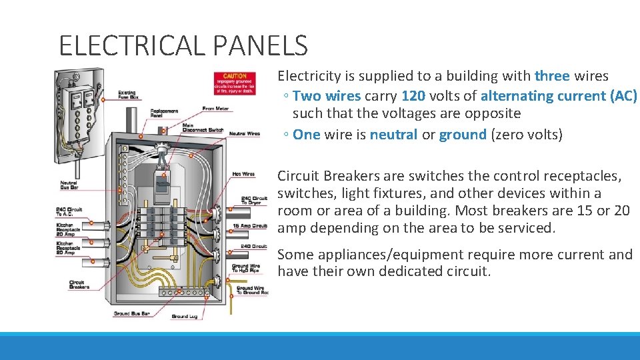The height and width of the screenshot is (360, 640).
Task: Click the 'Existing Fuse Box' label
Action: (127, 96)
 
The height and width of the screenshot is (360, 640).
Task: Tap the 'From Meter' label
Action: (217, 109)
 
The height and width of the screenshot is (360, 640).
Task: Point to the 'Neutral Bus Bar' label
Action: (69, 185)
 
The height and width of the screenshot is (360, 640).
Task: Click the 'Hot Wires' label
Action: (243, 174)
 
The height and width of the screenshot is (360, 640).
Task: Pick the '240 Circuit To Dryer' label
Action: (254, 200)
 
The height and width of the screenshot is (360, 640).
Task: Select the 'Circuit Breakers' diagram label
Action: (81, 285)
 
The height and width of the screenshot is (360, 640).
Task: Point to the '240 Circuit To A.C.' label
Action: (69, 213)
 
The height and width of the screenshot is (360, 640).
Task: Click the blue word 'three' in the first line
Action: (552, 76)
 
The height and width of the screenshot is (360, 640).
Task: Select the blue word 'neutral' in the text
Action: (394, 135)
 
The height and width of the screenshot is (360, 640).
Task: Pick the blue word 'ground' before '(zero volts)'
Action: (463, 135)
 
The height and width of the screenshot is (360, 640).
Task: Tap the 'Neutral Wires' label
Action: (245, 134)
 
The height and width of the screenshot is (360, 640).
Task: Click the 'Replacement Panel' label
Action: (164, 113)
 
